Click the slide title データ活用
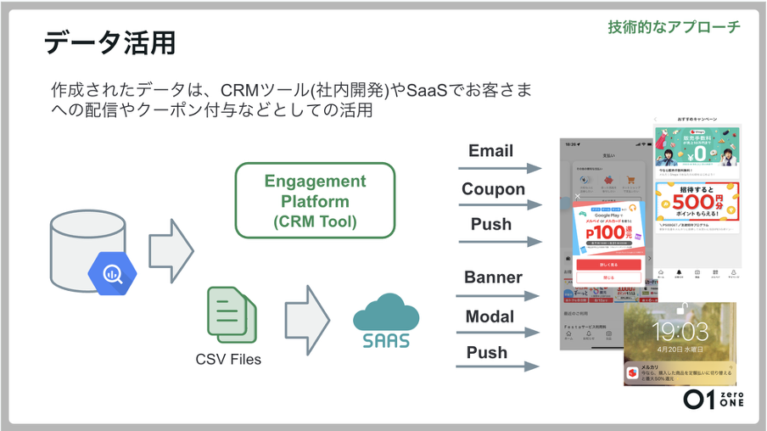pyautogui.click(x=109, y=42)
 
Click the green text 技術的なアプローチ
pyautogui.click(x=674, y=26)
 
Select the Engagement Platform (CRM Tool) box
pyautogui.click(x=315, y=201)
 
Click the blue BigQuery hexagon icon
pyautogui.click(x=112, y=273)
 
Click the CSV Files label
pyautogui.click(x=228, y=359)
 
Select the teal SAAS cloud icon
pyautogui.click(x=386, y=321)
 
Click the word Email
pyautogui.click(x=490, y=151)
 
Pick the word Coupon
pyautogui.click(x=493, y=189)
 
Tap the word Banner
pyautogui.click(x=493, y=277)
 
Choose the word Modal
pyautogui.click(x=490, y=316)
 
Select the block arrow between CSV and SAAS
pyautogui.click(x=306, y=320)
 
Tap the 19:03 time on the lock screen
pyautogui.click(x=680, y=330)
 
